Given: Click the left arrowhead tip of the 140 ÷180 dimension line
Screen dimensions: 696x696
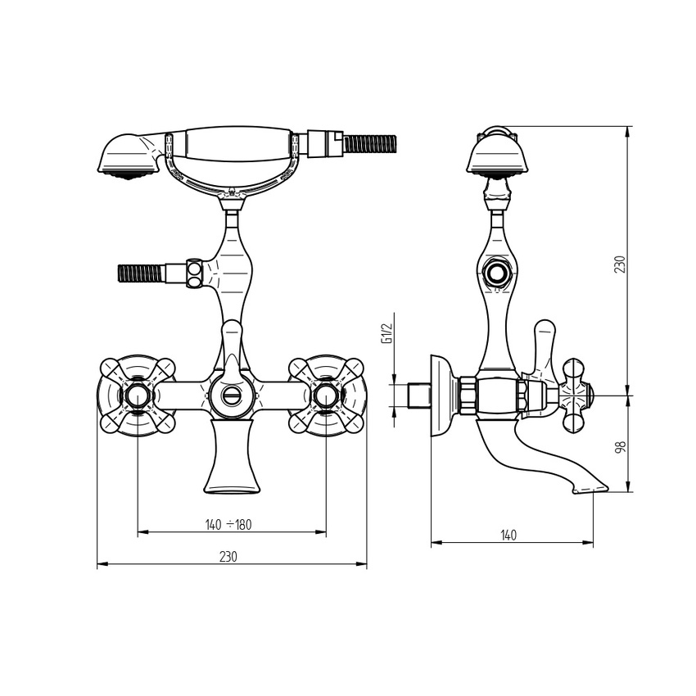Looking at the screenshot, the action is (x=138, y=531).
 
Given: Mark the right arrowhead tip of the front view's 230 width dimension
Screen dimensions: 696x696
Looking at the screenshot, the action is (x=367, y=564).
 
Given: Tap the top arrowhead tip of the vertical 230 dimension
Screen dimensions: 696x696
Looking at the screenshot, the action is (x=628, y=126).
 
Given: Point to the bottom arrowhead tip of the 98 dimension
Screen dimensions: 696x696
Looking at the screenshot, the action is (x=628, y=492).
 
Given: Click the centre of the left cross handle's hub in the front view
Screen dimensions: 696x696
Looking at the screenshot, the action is (x=138, y=395).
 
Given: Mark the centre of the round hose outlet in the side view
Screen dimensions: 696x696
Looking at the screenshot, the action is (x=497, y=273).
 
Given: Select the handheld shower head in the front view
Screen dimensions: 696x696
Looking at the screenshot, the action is (x=129, y=156).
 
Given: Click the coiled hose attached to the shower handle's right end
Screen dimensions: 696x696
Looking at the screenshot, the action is (x=370, y=144).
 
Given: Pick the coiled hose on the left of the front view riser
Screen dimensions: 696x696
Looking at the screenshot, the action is (x=142, y=273).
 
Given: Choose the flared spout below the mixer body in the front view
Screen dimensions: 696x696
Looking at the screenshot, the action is (x=231, y=456).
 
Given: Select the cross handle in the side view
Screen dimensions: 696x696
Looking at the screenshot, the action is (x=576, y=395).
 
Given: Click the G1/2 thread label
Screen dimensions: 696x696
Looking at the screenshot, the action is (x=387, y=333).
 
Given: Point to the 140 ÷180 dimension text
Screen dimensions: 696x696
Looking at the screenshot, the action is (x=228, y=525).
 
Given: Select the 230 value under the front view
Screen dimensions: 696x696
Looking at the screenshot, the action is (x=228, y=557).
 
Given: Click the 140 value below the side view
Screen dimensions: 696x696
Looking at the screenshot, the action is (x=508, y=536).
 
